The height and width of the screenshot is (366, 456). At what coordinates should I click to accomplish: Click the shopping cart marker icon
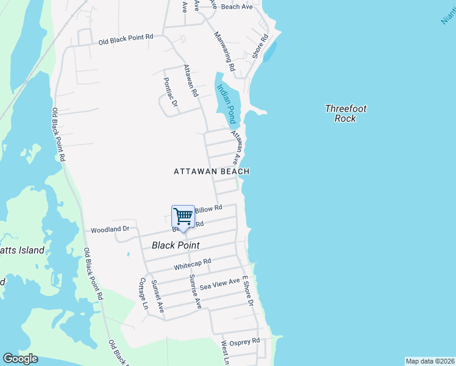click(x=183, y=217)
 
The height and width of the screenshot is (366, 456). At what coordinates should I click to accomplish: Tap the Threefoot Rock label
click(x=346, y=113)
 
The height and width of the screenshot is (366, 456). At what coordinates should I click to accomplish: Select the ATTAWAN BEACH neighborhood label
click(x=211, y=172)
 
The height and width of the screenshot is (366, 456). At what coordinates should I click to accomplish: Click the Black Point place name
click(x=176, y=245)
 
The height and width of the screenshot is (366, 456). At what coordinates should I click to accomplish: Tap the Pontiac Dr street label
click(x=170, y=91)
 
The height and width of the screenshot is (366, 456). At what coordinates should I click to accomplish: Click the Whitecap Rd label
click(x=192, y=264)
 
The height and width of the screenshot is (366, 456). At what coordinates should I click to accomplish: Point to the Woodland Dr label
click(x=110, y=230)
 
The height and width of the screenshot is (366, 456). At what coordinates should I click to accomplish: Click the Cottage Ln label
click(x=144, y=293)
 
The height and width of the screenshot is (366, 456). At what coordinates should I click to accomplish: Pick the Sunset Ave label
click(x=158, y=296)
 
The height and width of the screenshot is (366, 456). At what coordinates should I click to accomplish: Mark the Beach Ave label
click(x=237, y=7)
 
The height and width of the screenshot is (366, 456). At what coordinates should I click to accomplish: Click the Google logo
click(x=20, y=359)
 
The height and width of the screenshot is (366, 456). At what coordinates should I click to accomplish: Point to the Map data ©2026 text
click(x=429, y=361)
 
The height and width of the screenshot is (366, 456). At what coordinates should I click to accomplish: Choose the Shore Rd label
click(x=260, y=46)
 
